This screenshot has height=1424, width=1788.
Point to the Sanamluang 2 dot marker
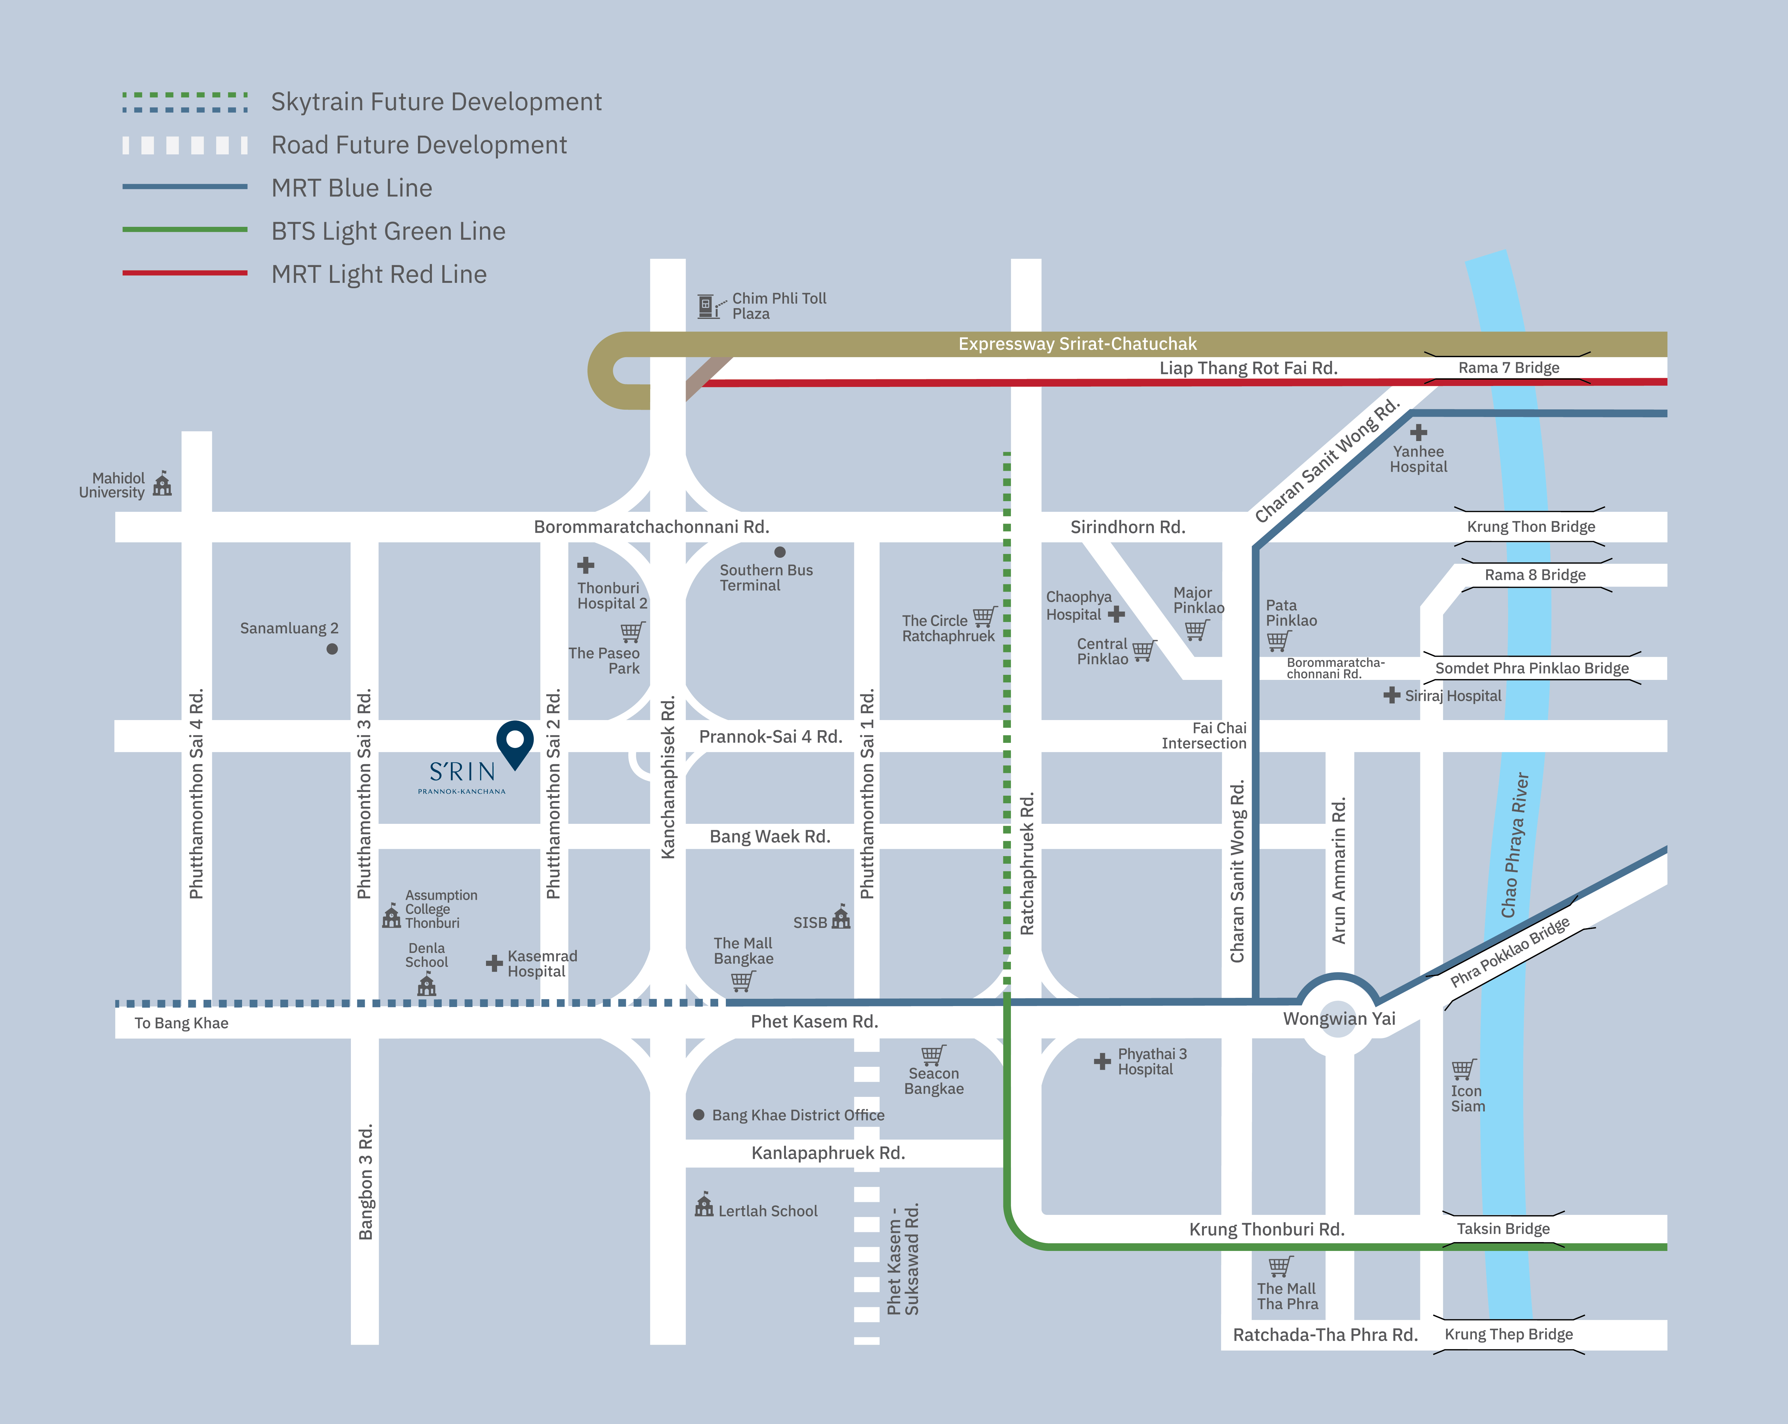(x=332, y=649)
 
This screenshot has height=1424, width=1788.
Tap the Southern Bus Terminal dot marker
(x=780, y=551)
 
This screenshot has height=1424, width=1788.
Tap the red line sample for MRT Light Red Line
(x=185, y=273)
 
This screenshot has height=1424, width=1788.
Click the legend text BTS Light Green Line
(x=388, y=231)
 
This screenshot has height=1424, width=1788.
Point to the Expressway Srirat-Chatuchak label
(x=1077, y=343)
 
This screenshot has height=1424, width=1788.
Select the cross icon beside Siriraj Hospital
(x=1392, y=695)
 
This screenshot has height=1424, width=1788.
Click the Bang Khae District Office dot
(x=698, y=1115)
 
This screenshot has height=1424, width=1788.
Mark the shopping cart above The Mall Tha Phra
(x=1280, y=1266)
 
